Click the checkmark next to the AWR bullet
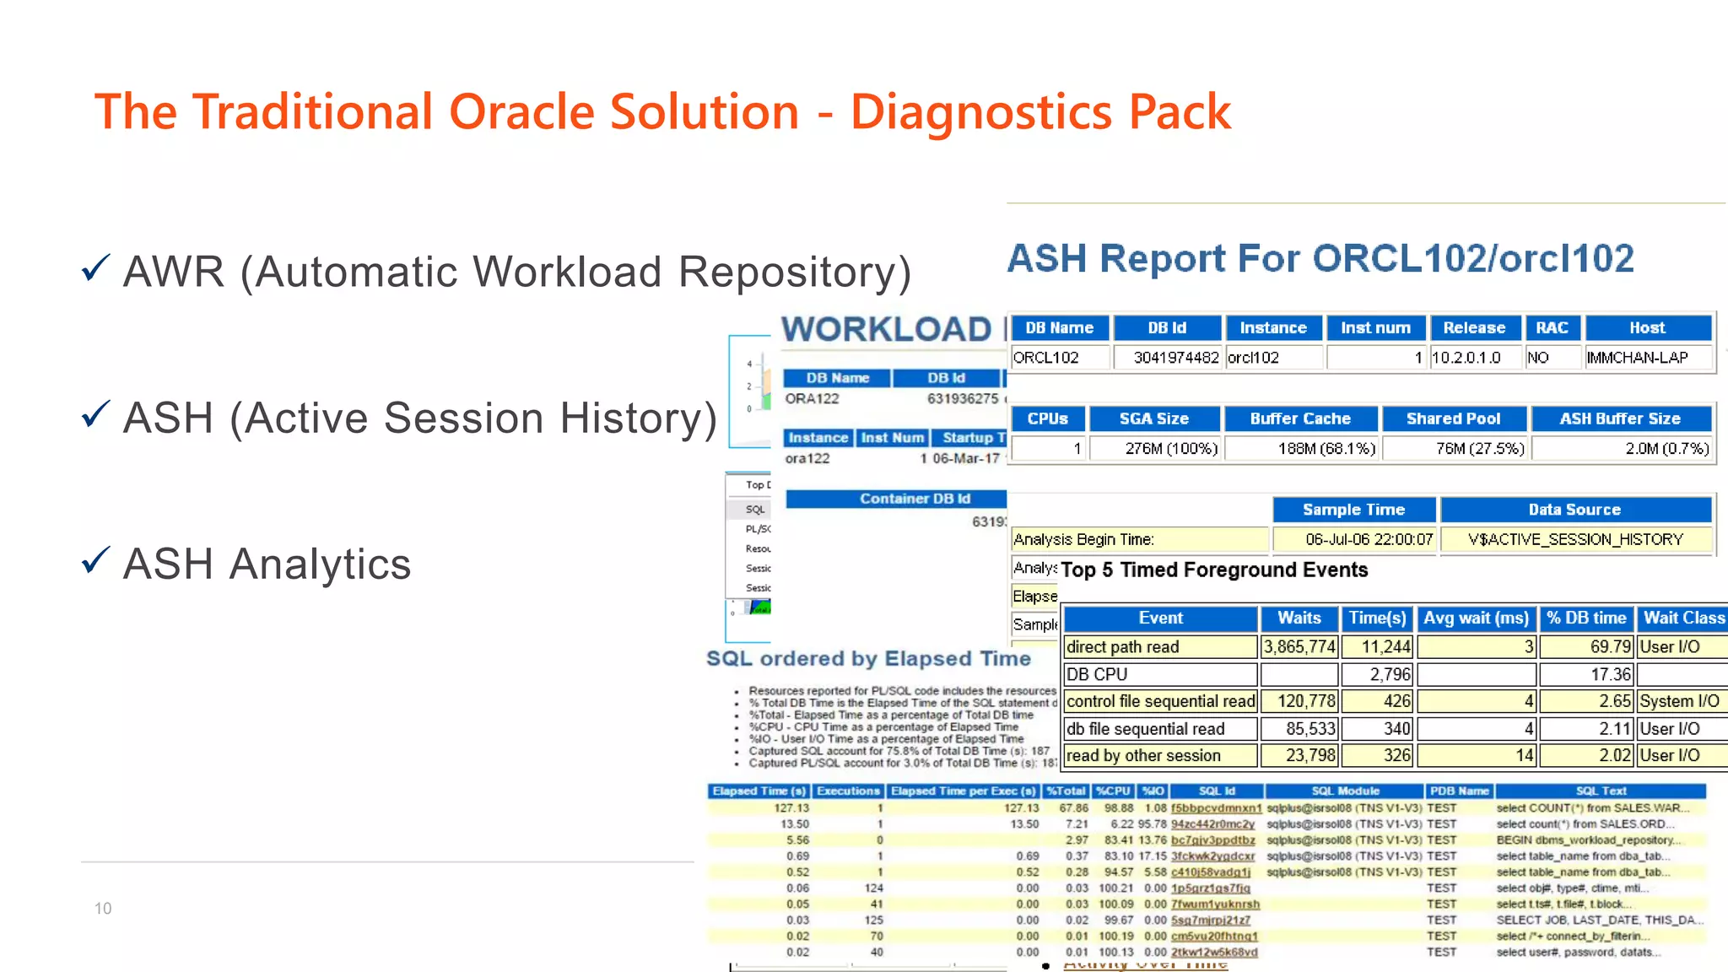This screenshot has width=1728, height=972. tap(96, 268)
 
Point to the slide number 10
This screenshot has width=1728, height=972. tap(103, 909)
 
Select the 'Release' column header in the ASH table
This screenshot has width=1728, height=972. tap(1473, 328)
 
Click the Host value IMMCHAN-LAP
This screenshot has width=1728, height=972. tap(1637, 358)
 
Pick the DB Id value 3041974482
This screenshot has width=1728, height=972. tap(1175, 358)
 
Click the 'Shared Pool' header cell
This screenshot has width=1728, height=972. tap(1453, 418)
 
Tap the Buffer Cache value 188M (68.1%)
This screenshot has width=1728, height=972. tap(1326, 449)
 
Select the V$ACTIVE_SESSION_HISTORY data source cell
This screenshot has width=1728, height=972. tap(1575, 539)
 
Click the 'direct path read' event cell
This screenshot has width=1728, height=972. tap(1122, 647)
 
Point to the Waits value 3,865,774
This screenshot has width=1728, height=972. tap(1299, 647)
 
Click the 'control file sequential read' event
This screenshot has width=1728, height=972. tap(1160, 701)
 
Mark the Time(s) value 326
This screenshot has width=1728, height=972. tap(1396, 755)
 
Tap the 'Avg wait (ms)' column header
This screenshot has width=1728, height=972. tap(1476, 618)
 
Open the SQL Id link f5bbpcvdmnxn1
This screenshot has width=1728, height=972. tap(1215, 808)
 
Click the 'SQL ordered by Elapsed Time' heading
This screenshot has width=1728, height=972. tap(868, 659)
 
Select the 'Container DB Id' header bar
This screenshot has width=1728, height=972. tap(915, 499)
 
